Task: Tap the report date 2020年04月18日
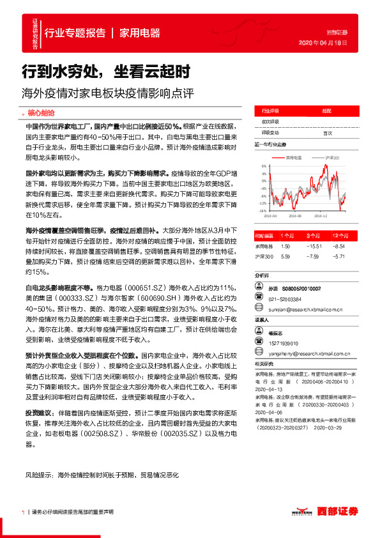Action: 323,42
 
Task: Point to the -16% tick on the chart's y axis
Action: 262,210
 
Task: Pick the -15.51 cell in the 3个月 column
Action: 313,245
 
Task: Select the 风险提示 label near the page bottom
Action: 39,475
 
